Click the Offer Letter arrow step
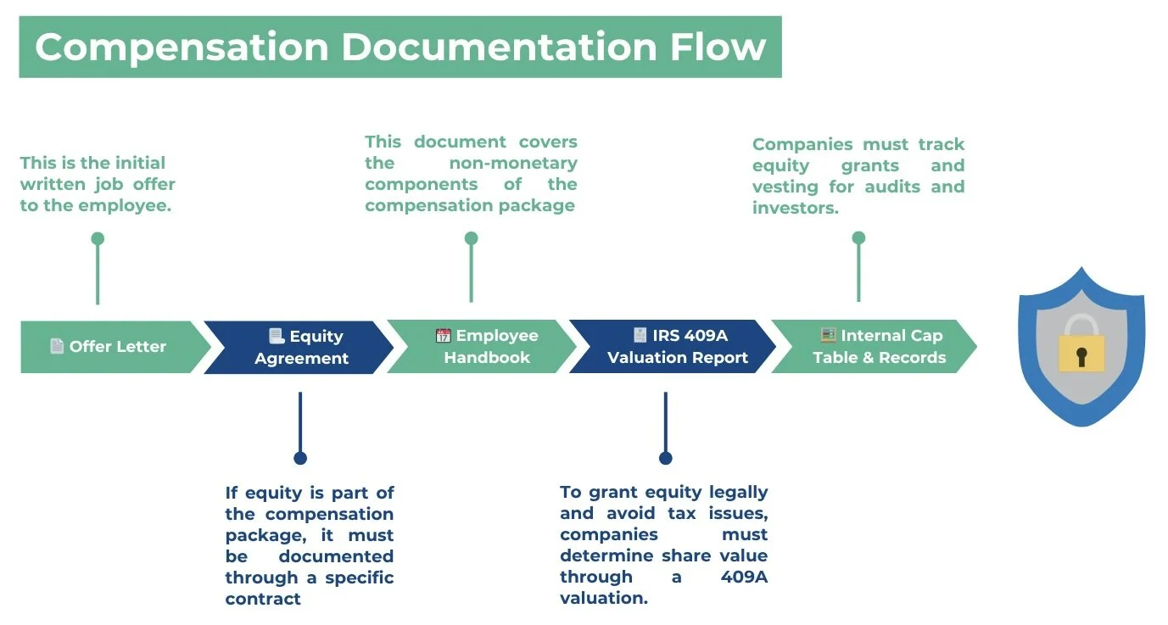pyautogui.click(x=110, y=347)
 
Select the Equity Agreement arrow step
pyautogui.click(x=299, y=347)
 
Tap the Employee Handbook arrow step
pyautogui.click(x=483, y=347)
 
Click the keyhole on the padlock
pyautogui.click(x=1081, y=355)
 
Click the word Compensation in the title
pyautogui.click(x=182, y=47)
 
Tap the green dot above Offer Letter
pyautogui.click(x=98, y=238)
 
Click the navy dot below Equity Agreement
pyautogui.click(x=299, y=458)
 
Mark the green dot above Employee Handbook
pyautogui.click(x=471, y=238)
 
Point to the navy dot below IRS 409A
pyautogui.click(x=665, y=458)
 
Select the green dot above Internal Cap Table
pyautogui.click(x=858, y=238)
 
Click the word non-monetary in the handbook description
pyautogui.click(x=513, y=163)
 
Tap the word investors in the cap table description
pyautogui.click(x=794, y=208)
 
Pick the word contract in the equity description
pyautogui.click(x=263, y=599)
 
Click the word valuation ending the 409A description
pyautogui.click(x=603, y=598)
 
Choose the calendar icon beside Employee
pyautogui.click(x=444, y=336)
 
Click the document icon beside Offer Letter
pyautogui.click(x=57, y=346)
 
